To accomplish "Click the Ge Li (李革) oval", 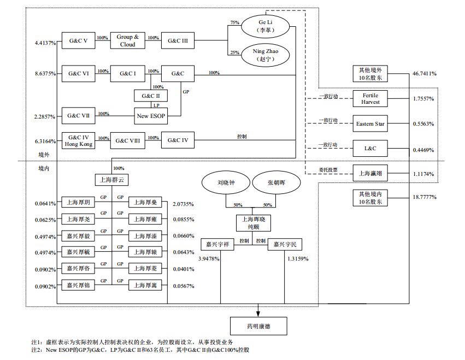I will [x=265, y=25].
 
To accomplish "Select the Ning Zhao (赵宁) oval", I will [x=265, y=55].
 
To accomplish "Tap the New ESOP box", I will [x=151, y=115].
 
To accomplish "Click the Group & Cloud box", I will [x=127, y=40].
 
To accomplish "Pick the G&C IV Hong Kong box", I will [x=78, y=141].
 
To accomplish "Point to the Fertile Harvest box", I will [x=370, y=99].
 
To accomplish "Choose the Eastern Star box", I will [x=370, y=124].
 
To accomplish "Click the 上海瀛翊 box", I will [x=370, y=174].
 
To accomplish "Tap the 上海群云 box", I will [x=113, y=180].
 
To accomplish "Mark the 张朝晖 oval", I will [x=276, y=183].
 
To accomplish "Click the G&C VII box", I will [x=78, y=115].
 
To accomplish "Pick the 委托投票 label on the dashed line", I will [x=328, y=170].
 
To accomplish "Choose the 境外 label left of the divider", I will [x=44, y=155].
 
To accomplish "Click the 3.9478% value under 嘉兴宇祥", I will [x=210, y=259].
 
